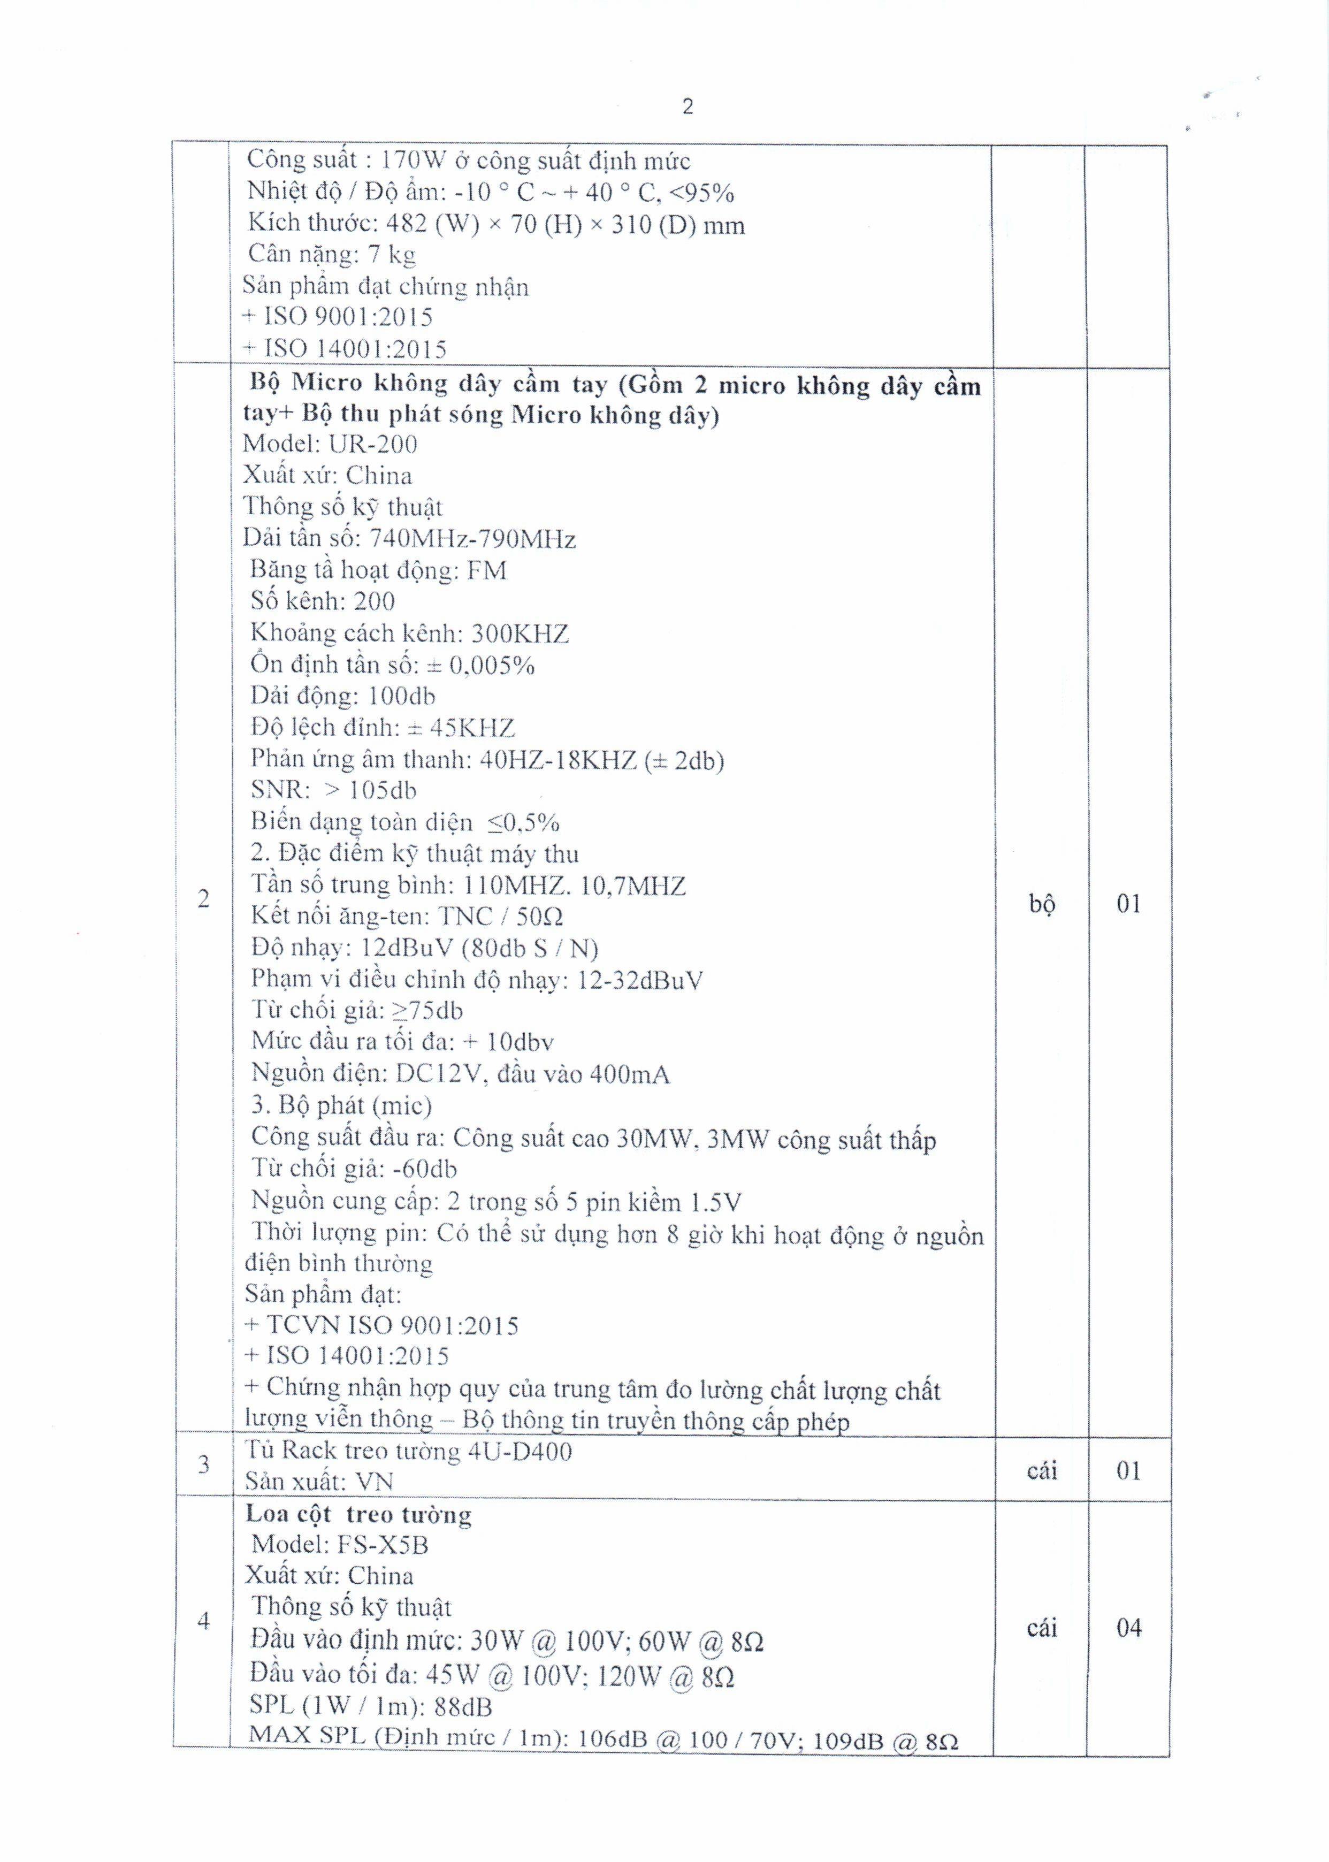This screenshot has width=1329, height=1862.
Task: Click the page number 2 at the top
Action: [x=688, y=106]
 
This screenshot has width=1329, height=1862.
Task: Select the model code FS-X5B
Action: [x=382, y=1544]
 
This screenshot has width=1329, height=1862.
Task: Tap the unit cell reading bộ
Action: [x=1041, y=904]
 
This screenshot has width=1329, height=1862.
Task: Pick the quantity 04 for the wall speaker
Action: [x=1128, y=1628]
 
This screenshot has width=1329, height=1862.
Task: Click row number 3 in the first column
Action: [x=204, y=1465]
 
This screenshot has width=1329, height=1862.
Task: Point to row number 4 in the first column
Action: [x=204, y=1621]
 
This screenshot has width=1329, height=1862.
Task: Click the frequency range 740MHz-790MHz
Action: [x=473, y=539]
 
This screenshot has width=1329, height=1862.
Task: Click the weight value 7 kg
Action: [x=389, y=255]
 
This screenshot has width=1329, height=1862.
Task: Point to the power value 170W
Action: [x=413, y=159]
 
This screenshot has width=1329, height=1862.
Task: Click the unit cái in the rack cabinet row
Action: [x=1041, y=1471]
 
